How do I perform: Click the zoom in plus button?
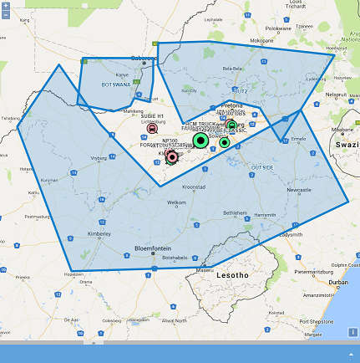click(x=6, y=6)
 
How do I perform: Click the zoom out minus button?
click(x=6, y=14)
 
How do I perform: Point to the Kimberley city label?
click(x=99, y=234)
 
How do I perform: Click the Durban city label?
click(x=338, y=283)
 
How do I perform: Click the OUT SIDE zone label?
click(x=262, y=167)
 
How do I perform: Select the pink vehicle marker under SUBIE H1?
click(x=152, y=128)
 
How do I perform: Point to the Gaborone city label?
click(x=144, y=58)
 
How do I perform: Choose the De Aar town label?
click(x=72, y=319)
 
